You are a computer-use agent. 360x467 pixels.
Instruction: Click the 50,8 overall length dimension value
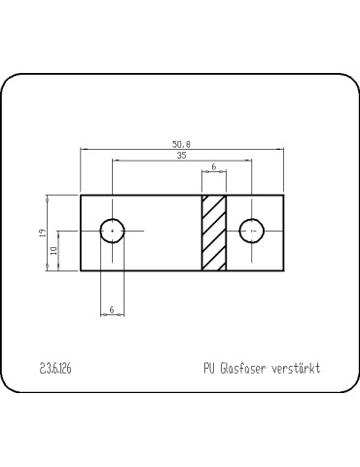point(182,144)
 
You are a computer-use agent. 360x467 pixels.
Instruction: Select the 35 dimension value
point(182,156)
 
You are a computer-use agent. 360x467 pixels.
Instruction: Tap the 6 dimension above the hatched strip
point(214,167)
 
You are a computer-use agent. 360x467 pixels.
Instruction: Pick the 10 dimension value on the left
point(54,251)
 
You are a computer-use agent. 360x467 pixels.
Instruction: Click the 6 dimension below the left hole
point(113,309)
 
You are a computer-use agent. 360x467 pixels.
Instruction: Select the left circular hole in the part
point(113,231)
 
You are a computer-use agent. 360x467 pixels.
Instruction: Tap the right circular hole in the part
point(252,231)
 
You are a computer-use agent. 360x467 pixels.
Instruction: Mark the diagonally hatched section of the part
point(214,233)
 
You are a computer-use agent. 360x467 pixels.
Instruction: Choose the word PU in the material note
point(209,370)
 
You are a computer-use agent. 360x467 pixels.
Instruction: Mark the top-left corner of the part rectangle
point(81,196)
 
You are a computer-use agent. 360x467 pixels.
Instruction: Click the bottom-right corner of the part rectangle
point(283,270)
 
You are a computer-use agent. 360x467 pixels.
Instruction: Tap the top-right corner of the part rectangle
point(283,196)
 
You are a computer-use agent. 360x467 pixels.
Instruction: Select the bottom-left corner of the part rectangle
point(81,270)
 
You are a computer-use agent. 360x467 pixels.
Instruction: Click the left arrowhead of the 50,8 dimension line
point(83,149)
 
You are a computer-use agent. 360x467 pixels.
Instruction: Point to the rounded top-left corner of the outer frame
point(12,86)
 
